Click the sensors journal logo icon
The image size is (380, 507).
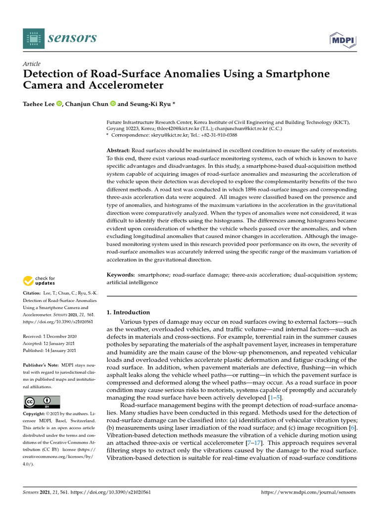pyautogui.click(x=31, y=38)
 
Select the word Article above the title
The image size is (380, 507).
pyautogui.click(x=32, y=64)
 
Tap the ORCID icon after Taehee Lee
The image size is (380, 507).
pyautogui.click(x=60, y=103)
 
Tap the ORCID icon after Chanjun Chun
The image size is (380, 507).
pyautogui.click(x=113, y=103)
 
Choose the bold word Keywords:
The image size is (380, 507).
pyautogui.click(x=121, y=275)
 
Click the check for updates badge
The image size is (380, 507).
pyautogui.click(x=40, y=281)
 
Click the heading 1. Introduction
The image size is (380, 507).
pyautogui.click(x=128, y=312)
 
